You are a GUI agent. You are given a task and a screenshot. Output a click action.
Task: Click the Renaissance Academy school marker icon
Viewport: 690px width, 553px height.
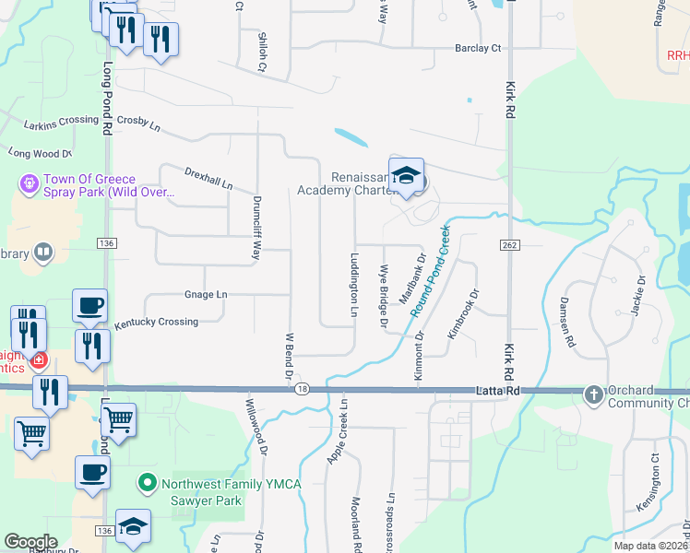pyautogui.click(x=406, y=176)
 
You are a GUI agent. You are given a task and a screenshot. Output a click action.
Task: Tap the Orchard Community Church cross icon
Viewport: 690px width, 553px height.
pyautogui.click(x=593, y=395)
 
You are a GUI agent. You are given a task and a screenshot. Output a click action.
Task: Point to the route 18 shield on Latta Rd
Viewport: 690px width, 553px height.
pyautogui.click(x=303, y=390)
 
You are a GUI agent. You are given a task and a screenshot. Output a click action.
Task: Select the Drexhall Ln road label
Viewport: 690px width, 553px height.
pyautogui.click(x=208, y=178)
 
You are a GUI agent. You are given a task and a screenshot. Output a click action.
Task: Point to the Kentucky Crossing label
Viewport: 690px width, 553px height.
pyautogui.click(x=156, y=323)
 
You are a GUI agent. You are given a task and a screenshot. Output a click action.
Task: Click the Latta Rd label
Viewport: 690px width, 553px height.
pyautogui.click(x=498, y=391)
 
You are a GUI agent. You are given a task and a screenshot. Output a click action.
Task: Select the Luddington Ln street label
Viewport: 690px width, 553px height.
pyautogui.click(x=353, y=285)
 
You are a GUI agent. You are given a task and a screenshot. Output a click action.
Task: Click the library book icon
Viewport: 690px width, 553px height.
pyautogui.click(x=42, y=253)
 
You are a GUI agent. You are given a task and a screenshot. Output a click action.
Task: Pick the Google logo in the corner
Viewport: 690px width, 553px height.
pyautogui.click(x=30, y=542)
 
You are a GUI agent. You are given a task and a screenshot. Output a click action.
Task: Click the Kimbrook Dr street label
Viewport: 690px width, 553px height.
pyautogui.click(x=465, y=315)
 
